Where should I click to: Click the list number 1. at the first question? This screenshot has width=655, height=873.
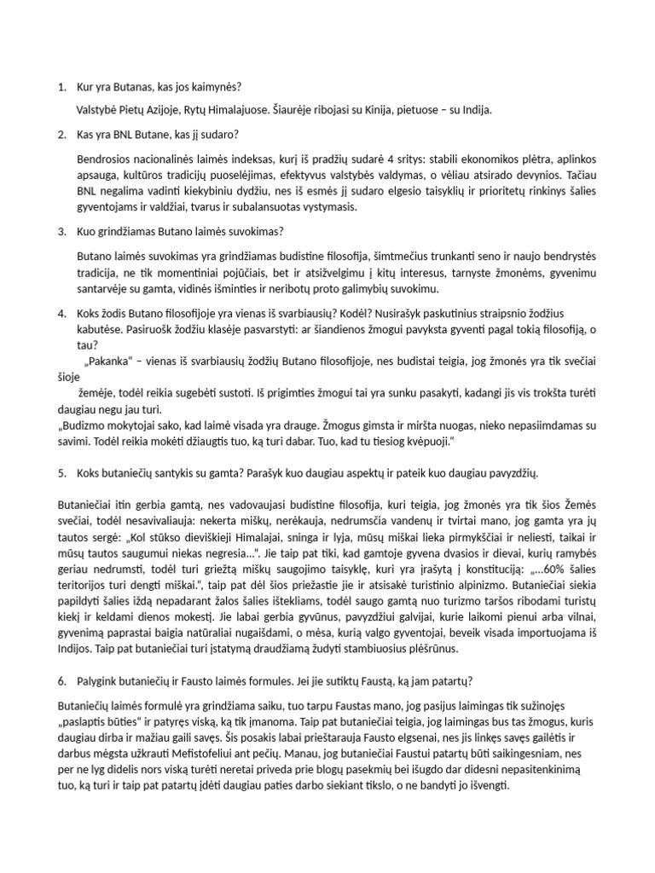click(x=61, y=87)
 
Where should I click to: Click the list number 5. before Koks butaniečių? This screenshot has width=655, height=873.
click(x=61, y=472)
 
